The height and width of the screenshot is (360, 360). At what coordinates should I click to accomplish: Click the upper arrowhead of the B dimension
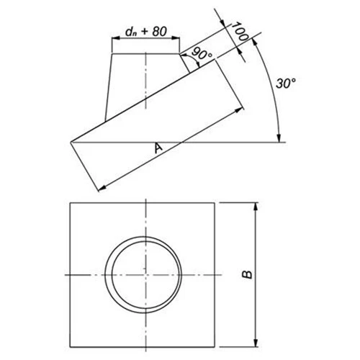[255, 207]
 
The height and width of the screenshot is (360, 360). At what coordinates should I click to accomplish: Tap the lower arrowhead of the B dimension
[255, 343]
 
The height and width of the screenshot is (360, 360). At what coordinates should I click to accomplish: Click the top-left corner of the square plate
[69, 203]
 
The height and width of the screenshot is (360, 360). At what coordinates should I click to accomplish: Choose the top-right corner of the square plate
[218, 203]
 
